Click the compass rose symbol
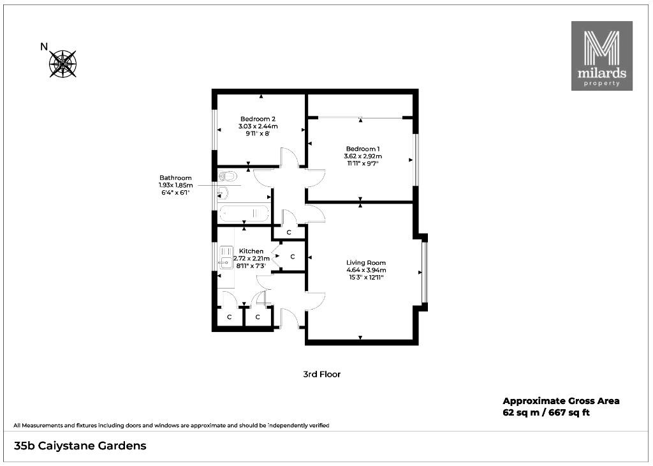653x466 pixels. tap(63, 64)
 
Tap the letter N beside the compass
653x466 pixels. tap(44, 47)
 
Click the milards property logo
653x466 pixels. tap(602, 56)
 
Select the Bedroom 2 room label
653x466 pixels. tap(258, 119)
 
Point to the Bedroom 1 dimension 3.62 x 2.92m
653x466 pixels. tap(363, 156)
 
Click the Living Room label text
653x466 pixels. tap(366, 262)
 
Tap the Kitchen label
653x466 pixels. tap(251, 252)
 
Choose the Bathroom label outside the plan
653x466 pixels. tap(176, 178)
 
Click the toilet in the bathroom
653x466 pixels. tap(227, 176)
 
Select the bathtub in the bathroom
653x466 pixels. tap(244, 214)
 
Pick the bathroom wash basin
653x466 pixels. tap(223, 193)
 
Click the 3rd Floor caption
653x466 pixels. tap(322, 374)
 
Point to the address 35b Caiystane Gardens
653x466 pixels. tap(80, 446)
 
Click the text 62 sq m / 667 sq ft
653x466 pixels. tap(546, 413)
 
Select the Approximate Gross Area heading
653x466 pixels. tap(561, 401)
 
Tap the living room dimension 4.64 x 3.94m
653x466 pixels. tap(366, 270)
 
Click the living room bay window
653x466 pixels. tap(424, 272)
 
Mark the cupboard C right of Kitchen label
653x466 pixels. tap(292, 257)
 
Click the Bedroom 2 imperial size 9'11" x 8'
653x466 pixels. tap(258, 134)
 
